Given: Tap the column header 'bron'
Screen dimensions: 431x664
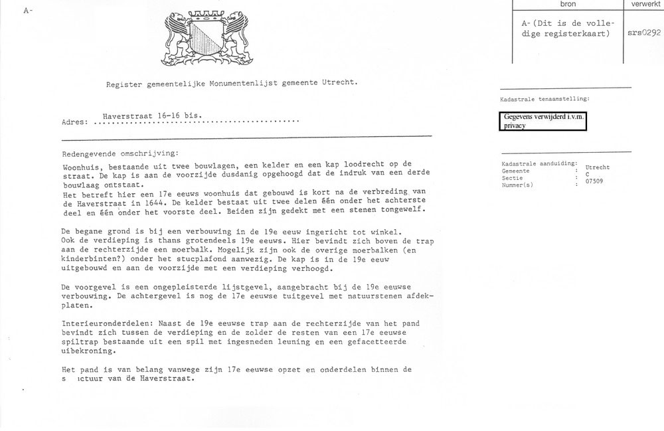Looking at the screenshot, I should pyautogui.click(x=568, y=4).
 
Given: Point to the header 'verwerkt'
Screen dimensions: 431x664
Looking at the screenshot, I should pyautogui.click(x=643, y=4).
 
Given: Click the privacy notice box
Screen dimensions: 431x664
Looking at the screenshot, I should pyautogui.click(x=543, y=122).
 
